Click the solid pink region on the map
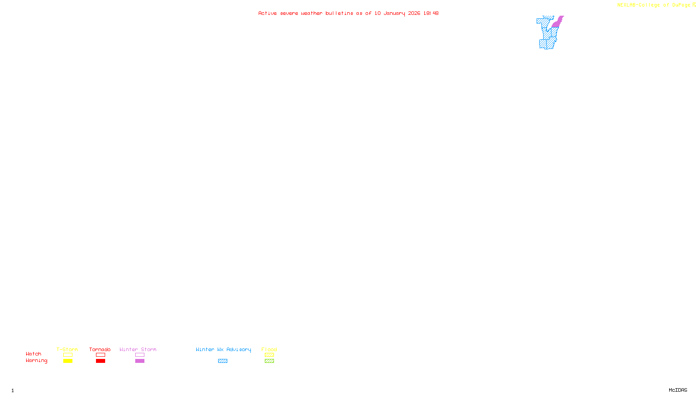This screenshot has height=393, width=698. tap(556, 23)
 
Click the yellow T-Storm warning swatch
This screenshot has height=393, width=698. tap(68, 361)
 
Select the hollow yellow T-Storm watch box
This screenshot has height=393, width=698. tap(68, 355)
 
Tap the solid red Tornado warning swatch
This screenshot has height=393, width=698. tap(100, 361)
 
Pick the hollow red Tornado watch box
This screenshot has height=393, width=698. tap(100, 355)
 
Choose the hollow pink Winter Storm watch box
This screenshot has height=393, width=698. tap(140, 355)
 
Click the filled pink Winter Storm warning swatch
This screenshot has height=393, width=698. tap(140, 361)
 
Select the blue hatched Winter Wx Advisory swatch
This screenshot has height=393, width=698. tap(222, 361)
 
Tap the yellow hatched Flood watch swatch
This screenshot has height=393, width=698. tap(269, 355)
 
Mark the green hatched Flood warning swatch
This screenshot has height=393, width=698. tap(269, 361)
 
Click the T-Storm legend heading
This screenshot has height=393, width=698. tap(67, 349)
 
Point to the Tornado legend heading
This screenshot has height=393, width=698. tap(100, 349)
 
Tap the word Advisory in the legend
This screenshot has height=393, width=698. tap(239, 349)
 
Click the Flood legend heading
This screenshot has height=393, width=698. tap(269, 349)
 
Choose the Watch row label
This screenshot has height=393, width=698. tap(34, 354)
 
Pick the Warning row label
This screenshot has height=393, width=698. tap(37, 361)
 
